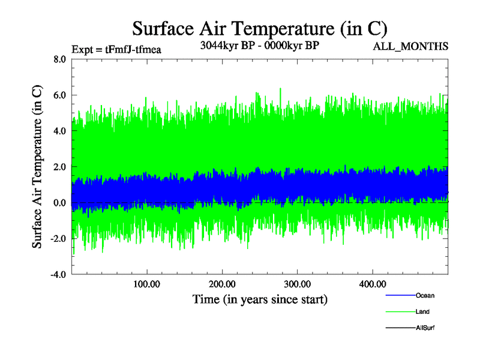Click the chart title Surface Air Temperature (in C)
point(259,29)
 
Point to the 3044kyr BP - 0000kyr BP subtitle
point(259,45)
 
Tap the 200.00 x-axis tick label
point(221,284)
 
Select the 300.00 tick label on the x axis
point(297,284)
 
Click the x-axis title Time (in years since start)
point(260,299)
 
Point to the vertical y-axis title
point(37,167)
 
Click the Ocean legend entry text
point(425,296)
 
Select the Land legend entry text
point(422,312)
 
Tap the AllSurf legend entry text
point(425,328)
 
